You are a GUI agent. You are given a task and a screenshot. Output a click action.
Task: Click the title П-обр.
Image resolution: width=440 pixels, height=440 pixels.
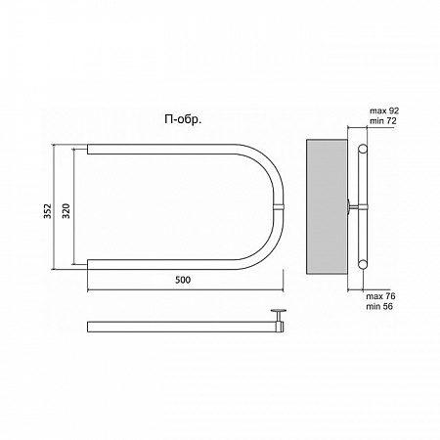click(x=183, y=120)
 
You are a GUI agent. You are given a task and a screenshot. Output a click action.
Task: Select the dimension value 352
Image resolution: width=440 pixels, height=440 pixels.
click(x=48, y=211)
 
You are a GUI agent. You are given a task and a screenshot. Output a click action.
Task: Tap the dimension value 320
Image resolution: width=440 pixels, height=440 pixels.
click(x=66, y=211)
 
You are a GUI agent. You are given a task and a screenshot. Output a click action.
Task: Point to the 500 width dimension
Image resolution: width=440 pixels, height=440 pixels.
click(x=183, y=280)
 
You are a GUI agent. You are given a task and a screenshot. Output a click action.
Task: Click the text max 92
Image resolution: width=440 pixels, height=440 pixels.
click(x=384, y=111)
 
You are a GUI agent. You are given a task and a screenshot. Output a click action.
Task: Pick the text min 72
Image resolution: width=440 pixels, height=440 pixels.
click(x=383, y=121)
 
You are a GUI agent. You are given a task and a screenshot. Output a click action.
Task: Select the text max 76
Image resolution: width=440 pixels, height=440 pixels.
click(x=380, y=296)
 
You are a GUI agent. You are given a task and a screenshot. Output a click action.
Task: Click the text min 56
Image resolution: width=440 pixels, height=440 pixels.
click(x=379, y=306)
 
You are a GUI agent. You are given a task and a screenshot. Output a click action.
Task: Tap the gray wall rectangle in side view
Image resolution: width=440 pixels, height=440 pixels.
click(x=327, y=206)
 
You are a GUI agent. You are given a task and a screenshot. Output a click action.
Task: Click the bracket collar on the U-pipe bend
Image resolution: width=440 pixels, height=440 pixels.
click(x=279, y=207)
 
